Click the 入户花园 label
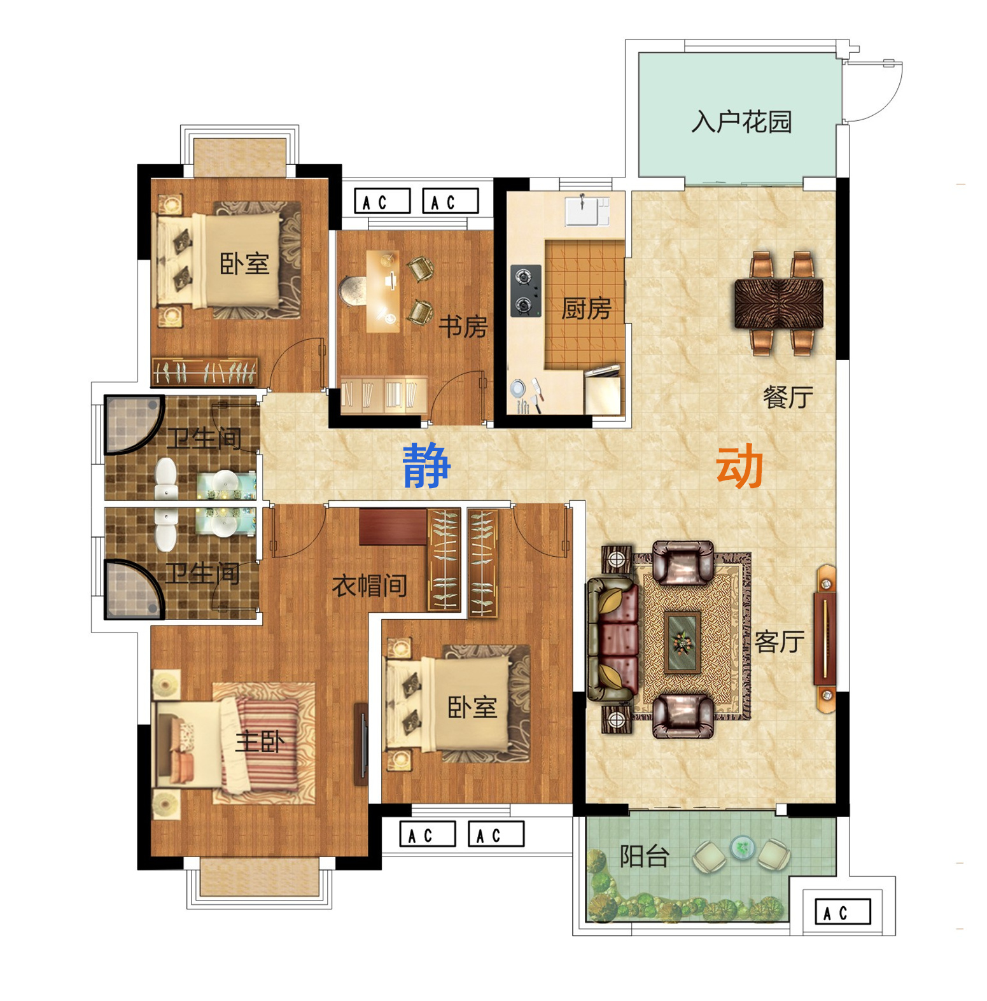741,121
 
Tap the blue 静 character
427,465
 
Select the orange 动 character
739,466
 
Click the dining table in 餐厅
779,304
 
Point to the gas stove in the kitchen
526,291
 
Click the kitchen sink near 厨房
587,211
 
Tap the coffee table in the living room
682,642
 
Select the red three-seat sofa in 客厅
613,640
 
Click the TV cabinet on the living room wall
825,638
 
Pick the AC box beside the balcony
843,912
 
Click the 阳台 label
645,857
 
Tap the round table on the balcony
742,847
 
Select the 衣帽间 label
370,585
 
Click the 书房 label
463,327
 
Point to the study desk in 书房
383,291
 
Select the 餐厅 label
788,397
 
